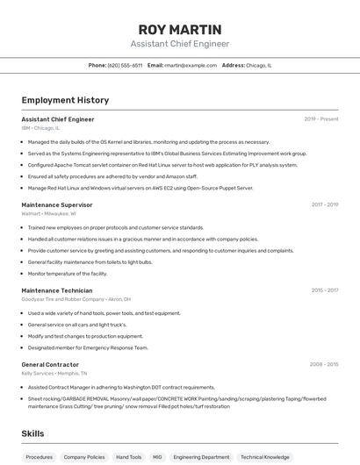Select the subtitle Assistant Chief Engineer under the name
tap(179, 44)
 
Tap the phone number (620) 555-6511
tap(125, 65)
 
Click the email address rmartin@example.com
tap(190, 65)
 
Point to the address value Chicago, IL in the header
tap(259, 65)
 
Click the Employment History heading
tap(65, 100)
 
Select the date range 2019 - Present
tap(320, 119)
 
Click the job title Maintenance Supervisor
tap(57, 204)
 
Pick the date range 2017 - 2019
tap(324, 204)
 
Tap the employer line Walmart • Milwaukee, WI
tap(48, 213)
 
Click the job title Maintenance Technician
tap(56, 290)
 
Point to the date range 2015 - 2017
tap(324, 290)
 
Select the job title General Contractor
tap(50, 364)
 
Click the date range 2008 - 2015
tap(323, 364)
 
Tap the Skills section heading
tap(32, 433)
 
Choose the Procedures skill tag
tap(40, 457)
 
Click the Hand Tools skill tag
tap(128, 457)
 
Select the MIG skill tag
tap(157, 457)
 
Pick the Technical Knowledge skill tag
tap(264, 457)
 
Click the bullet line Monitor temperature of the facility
tap(68, 274)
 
